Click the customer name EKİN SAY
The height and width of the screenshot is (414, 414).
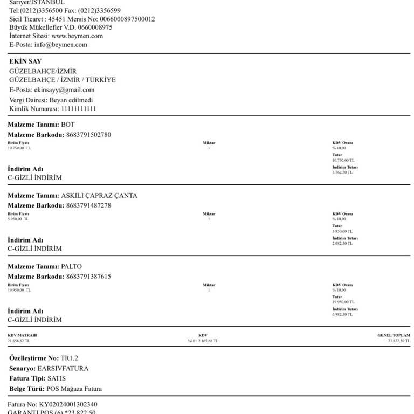[x=25, y=61]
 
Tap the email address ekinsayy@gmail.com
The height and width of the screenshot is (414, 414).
[x=64, y=90]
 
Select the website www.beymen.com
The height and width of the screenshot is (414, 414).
[x=77, y=36]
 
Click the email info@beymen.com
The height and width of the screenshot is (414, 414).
[x=60, y=45]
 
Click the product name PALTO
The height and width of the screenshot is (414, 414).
[x=72, y=266]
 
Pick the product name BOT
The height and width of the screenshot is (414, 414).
[x=68, y=125]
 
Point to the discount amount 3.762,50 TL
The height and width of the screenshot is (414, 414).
[x=343, y=172]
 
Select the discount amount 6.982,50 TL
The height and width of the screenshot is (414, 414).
[x=343, y=314]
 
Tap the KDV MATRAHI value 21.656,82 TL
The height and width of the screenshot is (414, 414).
[x=19, y=341]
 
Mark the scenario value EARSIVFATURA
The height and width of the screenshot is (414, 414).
[x=63, y=369]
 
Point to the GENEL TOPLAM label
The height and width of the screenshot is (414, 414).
[x=394, y=335]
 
